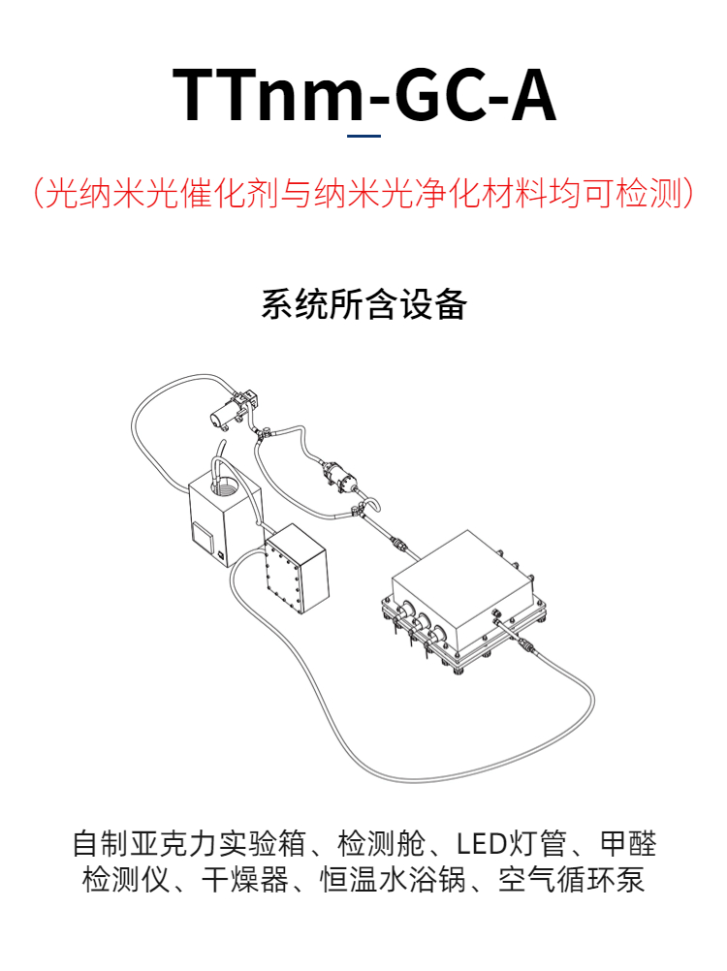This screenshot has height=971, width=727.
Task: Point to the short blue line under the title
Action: click(364, 137)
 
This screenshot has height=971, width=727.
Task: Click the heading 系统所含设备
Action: click(363, 304)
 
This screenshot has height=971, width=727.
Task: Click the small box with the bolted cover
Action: click(295, 570)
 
